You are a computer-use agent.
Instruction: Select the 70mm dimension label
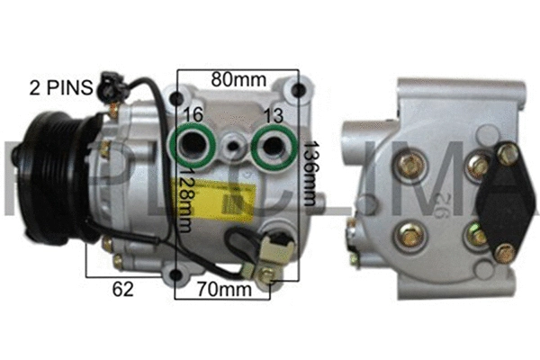tap(224, 290)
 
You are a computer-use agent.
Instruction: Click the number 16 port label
tap(191, 114)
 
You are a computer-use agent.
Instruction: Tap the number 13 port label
tap(274, 114)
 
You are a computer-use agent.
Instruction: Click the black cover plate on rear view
tap(501, 193)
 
